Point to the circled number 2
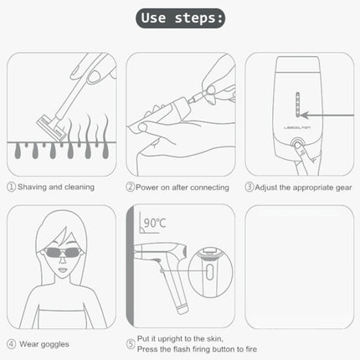[x=131, y=187]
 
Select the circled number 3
[x=250, y=187]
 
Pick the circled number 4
[x=12, y=343]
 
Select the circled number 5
[x=131, y=343]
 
